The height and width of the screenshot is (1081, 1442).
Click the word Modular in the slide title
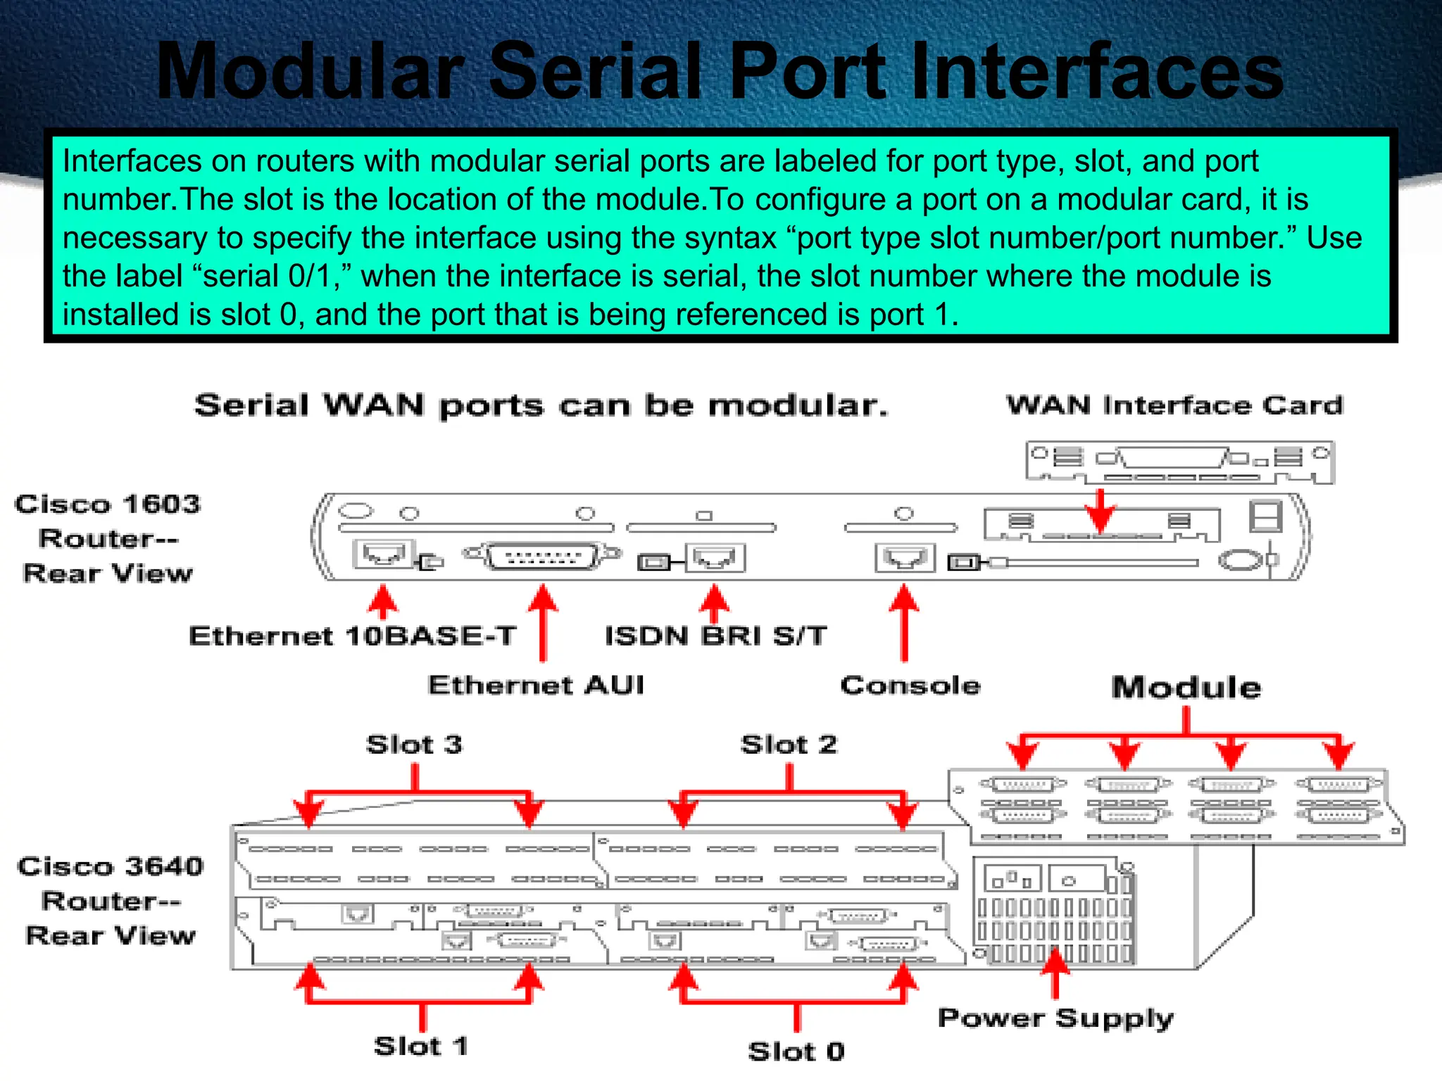[310, 72]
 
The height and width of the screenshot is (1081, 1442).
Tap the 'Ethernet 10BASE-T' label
[352, 636]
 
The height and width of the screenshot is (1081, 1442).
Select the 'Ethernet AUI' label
[536, 685]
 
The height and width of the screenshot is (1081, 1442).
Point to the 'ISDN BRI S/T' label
[715, 636]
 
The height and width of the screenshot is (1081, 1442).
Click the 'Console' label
[910, 685]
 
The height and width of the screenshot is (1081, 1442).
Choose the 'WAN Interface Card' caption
[1174, 405]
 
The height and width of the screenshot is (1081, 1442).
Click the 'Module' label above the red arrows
[1186, 688]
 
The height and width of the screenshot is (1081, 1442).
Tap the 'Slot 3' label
[414, 745]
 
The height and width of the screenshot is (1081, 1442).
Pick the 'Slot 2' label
[789, 745]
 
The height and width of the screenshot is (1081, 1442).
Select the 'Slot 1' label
[421, 1047]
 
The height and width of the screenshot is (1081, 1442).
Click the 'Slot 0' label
[796, 1051]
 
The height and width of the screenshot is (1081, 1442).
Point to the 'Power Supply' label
[1055, 1018]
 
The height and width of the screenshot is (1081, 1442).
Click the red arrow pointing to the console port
[904, 623]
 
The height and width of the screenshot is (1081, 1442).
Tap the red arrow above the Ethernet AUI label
[542, 623]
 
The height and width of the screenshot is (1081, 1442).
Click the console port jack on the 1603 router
[905, 558]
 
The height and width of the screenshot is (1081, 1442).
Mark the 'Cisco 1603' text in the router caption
[108, 505]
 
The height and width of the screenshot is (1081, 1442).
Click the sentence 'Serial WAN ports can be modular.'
[541, 406]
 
